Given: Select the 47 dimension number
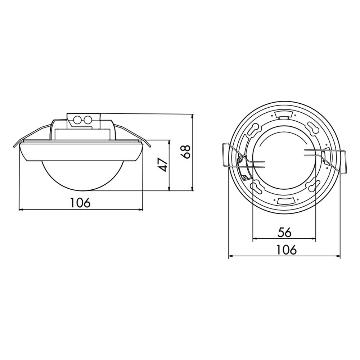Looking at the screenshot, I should pyautogui.click(x=163, y=165).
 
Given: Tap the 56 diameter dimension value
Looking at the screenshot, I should pyautogui.click(x=284, y=233).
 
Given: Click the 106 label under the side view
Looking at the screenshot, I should pyautogui.click(x=80, y=203).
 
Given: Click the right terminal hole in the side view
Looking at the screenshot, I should pyautogui.click(x=87, y=120).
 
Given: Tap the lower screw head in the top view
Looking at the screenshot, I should pyautogui.click(x=245, y=177).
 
